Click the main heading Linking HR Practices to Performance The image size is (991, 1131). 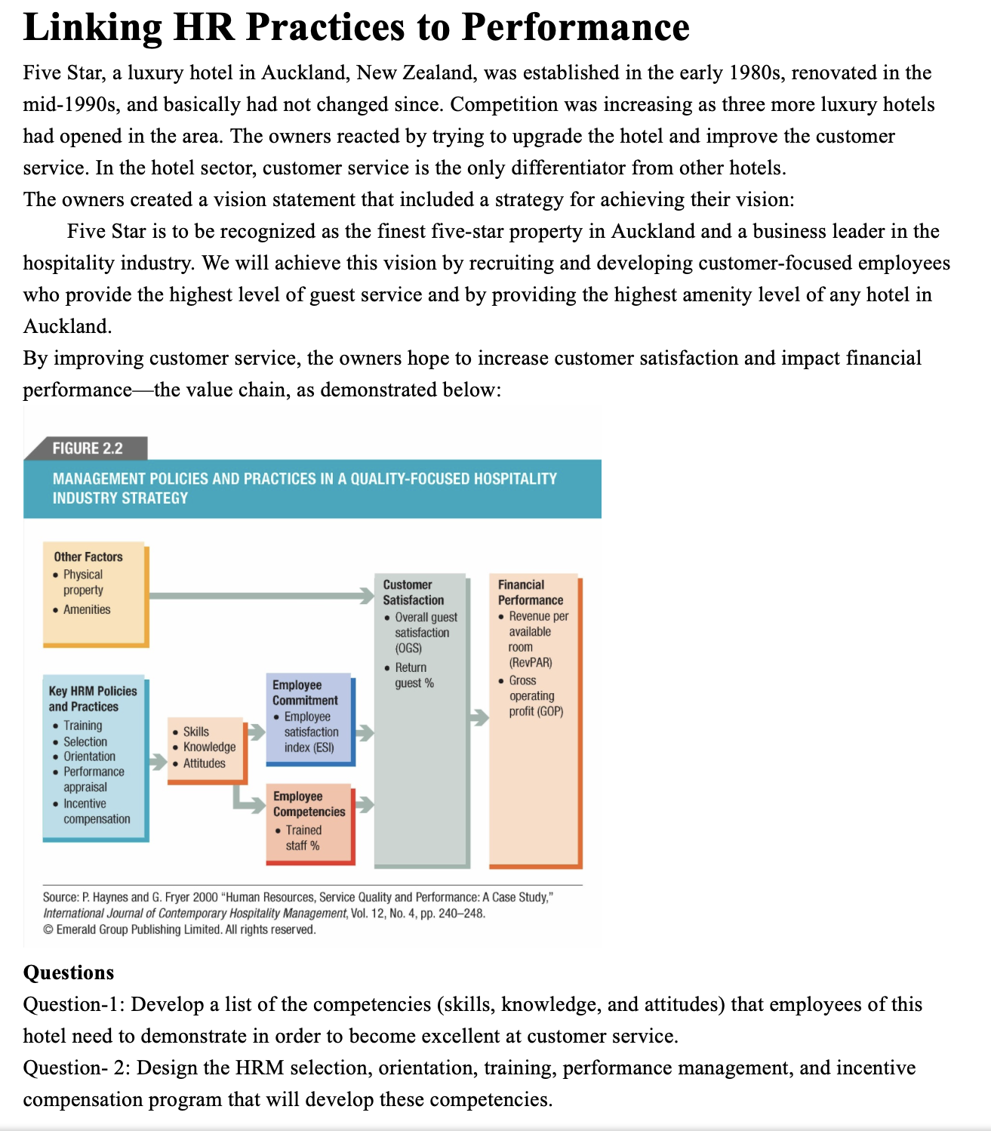coord(356,27)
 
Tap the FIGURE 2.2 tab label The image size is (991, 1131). coord(87,448)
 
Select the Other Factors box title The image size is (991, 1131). coord(88,556)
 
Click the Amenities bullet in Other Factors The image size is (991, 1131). coord(86,609)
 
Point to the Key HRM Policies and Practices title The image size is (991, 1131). coord(92,698)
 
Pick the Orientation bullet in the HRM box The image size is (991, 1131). coord(89,757)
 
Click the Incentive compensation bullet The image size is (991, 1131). coord(96,811)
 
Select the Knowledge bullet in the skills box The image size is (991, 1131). coord(208,747)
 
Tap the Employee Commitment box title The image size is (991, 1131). coord(305,692)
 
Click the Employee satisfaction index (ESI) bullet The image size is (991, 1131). coord(310,732)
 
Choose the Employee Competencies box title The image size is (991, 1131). coord(309,804)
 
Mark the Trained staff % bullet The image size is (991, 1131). coord(303,837)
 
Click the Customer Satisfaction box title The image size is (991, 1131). coord(413,592)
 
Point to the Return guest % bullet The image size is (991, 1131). coord(414,675)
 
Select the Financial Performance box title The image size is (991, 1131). coord(530,592)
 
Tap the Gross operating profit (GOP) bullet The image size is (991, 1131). coord(535,695)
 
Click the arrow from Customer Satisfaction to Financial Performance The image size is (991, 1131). coord(479,717)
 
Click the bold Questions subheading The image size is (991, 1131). coord(69,972)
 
